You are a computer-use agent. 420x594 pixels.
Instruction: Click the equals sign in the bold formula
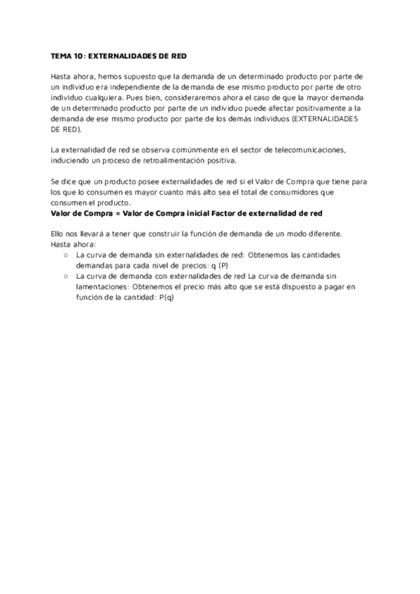coord(110,213)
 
